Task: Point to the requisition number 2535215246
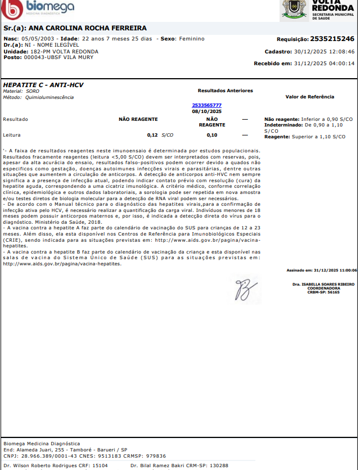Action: (x=332, y=39)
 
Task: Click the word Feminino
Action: (x=192, y=39)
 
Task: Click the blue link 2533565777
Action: (x=206, y=105)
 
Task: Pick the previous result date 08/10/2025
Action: (x=206, y=111)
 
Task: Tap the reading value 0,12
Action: (x=152, y=135)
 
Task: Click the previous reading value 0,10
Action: (x=211, y=135)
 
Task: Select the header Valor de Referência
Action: (x=309, y=97)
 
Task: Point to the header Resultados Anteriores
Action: (x=225, y=91)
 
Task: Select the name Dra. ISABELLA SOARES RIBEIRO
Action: (x=323, y=284)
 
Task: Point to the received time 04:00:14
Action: (x=340, y=64)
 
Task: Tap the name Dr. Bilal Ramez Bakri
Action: (x=152, y=466)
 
